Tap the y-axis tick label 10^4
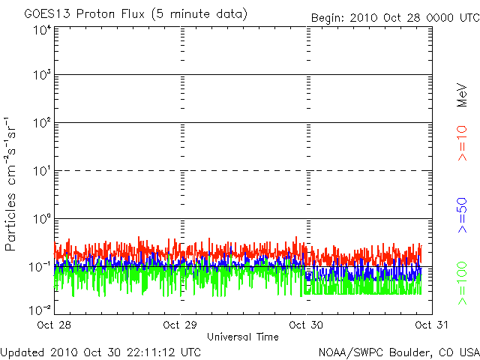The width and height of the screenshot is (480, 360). (x=42, y=29)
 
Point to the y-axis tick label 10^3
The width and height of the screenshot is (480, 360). (x=42, y=76)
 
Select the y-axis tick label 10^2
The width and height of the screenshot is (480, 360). (x=42, y=124)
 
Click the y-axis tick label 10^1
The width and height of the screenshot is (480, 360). (x=42, y=172)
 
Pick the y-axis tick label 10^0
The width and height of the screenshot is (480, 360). (x=42, y=220)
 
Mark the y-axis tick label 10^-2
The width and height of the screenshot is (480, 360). (x=40, y=309)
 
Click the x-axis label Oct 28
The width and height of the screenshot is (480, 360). (x=54, y=325)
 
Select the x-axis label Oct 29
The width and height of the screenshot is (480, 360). (x=180, y=325)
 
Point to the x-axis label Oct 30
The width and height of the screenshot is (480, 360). (x=306, y=325)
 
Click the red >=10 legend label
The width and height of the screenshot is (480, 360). (x=463, y=143)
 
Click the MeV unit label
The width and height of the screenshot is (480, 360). (x=463, y=94)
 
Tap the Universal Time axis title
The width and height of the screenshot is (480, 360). (x=243, y=337)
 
